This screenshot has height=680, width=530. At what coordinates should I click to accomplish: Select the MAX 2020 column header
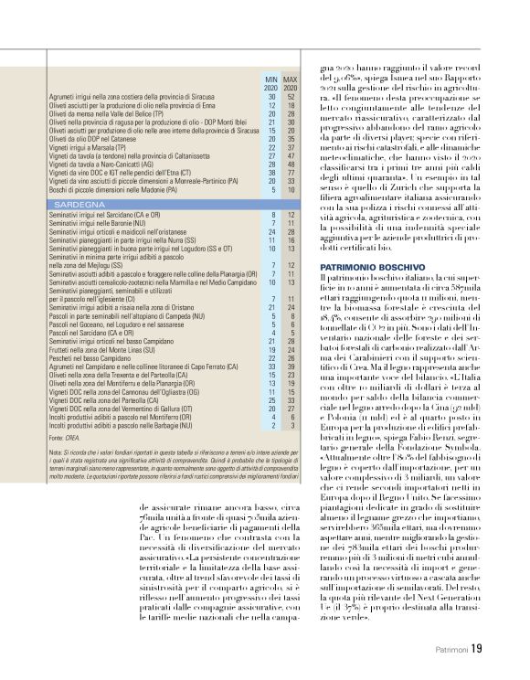pyautogui.click(x=291, y=84)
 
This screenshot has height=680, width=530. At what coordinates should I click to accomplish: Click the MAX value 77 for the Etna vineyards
pyautogui.click(x=291, y=172)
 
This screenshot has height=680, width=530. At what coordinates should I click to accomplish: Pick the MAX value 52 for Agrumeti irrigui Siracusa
pyautogui.click(x=291, y=97)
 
